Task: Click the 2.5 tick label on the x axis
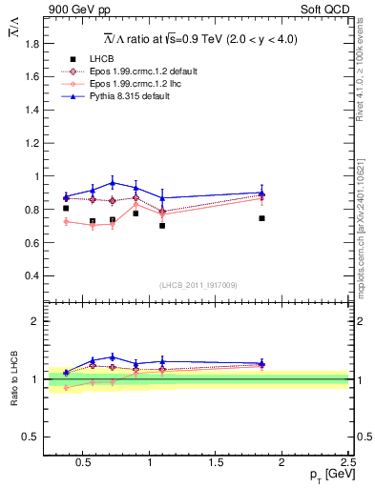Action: (348, 462)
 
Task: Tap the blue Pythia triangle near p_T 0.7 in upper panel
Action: (113, 182)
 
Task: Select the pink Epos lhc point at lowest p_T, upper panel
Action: (66, 221)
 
